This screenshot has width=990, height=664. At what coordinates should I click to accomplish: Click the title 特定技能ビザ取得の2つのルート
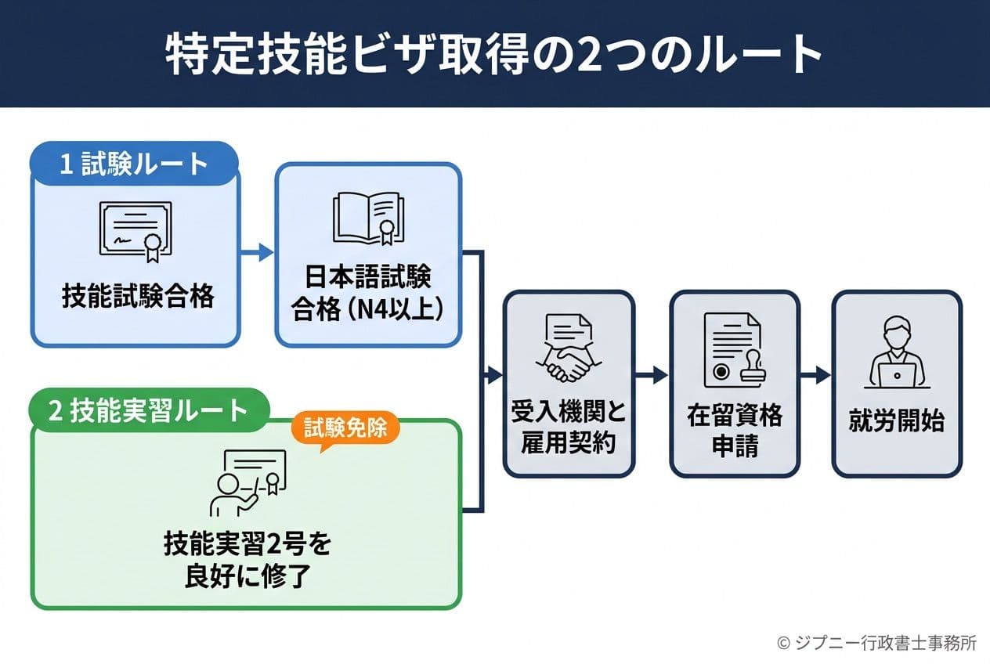pyautogui.click(x=494, y=53)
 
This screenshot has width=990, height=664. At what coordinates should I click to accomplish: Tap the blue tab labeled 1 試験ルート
pyautogui.click(x=134, y=165)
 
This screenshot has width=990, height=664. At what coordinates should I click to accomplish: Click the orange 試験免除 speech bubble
pyautogui.click(x=345, y=429)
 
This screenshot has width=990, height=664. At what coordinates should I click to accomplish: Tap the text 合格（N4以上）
pyautogui.click(x=367, y=308)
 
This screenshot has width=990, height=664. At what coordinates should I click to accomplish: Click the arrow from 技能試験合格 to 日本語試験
pyautogui.click(x=256, y=252)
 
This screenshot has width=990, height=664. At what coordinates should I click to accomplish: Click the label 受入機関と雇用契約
pyautogui.click(x=568, y=428)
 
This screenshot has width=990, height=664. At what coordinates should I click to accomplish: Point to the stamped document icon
pyautogui.click(x=734, y=350)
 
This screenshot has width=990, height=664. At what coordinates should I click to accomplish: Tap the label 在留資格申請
pyautogui.click(x=734, y=428)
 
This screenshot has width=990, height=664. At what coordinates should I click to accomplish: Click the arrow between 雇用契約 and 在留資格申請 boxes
pyautogui.click(x=652, y=376)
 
